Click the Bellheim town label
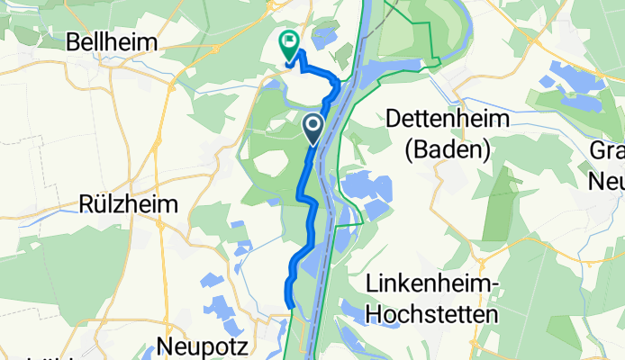[113, 42]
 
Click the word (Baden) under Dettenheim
[448, 149]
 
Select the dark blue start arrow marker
[314, 129]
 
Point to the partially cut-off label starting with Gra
[607, 151]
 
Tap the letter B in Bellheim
[75, 42]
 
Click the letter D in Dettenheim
[394, 119]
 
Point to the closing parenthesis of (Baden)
[487, 149]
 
